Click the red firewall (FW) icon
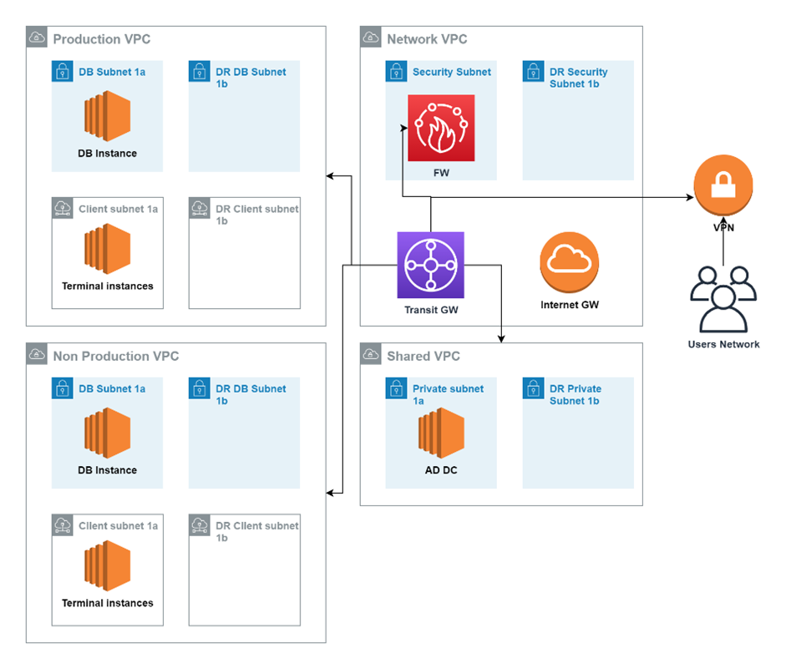(x=441, y=128)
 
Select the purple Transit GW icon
(x=431, y=265)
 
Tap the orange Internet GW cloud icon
(x=570, y=262)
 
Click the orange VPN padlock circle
(x=723, y=185)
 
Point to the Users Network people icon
(x=723, y=300)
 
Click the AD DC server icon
(x=441, y=433)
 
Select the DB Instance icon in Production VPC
(x=107, y=116)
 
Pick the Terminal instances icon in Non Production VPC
(x=107, y=565)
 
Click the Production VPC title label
(x=102, y=39)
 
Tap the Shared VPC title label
(x=423, y=357)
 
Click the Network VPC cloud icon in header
(x=370, y=37)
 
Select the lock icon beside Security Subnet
(x=396, y=71)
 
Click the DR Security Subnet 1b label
(x=579, y=78)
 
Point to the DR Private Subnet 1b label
(x=576, y=395)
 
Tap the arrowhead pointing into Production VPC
(x=330, y=176)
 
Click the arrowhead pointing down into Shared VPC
(x=501, y=339)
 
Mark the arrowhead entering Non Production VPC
(x=330, y=493)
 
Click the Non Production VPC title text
(x=116, y=357)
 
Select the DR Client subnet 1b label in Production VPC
(x=257, y=215)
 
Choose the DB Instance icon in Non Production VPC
(x=107, y=433)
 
